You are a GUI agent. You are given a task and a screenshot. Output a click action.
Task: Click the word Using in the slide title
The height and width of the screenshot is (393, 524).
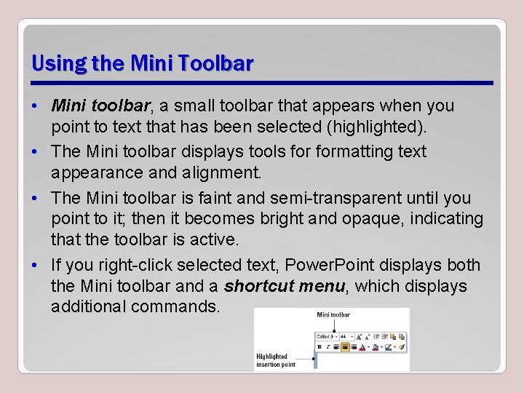tap(59, 64)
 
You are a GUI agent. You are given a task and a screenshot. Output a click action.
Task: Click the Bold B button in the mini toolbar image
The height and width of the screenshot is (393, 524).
tap(320, 347)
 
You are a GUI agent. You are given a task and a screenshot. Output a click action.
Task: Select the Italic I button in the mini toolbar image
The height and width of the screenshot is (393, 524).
tap(329, 347)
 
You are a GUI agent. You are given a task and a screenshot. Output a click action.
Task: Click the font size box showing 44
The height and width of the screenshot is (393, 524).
tap(345, 337)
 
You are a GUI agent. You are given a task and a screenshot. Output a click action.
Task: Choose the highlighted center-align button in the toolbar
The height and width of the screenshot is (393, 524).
tap(346, 347)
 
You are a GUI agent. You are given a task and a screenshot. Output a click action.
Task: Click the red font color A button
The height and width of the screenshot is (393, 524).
tap(362, 347)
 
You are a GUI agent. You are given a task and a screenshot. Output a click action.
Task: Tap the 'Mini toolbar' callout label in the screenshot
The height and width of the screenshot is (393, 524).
tap(333, 315)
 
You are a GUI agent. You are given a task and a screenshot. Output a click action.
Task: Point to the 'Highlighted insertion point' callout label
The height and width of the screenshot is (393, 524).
tap(275, 360)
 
